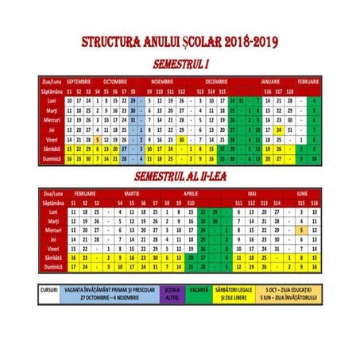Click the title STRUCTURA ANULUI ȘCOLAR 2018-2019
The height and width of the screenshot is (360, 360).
click(x=180, y=43)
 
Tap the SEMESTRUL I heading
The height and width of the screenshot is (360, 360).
click(x=180, y=61)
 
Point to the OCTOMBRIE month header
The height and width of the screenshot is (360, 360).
click(x=116, y=82)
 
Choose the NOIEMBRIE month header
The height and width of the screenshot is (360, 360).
click(x=163, y=82)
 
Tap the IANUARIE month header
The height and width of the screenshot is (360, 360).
click(x=270, y=82)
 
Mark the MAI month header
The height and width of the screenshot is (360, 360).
click(x=254, y=194)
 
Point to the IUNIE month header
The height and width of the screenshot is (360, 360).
click(x=302, y=194)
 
